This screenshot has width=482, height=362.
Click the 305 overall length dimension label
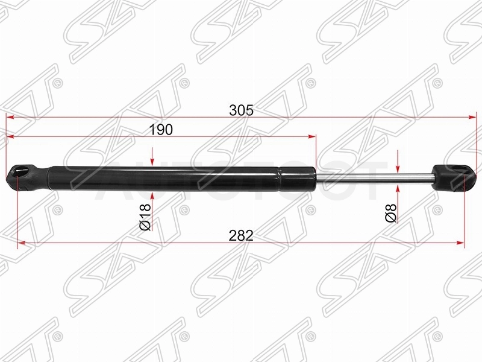click(x=242, y=110)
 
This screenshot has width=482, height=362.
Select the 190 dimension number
click(x=161, y=130)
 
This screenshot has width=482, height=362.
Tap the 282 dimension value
click(x=242, y=235)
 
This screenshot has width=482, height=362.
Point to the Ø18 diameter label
click(x=145, y=217)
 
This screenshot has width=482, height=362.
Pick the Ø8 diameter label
click(x=390, y=213)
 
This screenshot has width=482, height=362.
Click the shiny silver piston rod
click(x=374, y=178)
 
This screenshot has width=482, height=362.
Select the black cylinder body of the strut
click(x=181, y=179)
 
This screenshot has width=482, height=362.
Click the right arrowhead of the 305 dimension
click(x=472, y=117)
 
